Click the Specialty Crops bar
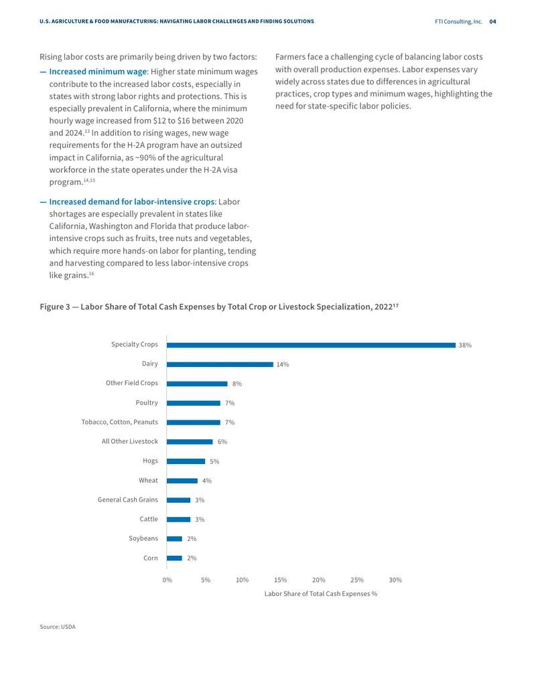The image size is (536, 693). click(x=311, y=345)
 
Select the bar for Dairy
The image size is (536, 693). click(x=220, y=365)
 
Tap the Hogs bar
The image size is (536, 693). click(x=186, y=461)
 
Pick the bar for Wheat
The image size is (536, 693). click(x=182, y=481)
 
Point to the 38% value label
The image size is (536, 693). click(x=465, y=345)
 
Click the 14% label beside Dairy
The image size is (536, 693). click(x=283, y=365)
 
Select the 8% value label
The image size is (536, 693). click(x=237, y=384)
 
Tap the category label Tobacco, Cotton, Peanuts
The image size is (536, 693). click(x=119, y=422)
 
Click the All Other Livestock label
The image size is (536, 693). click(x=129, y=441)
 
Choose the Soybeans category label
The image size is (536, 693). click(x=143, y=538)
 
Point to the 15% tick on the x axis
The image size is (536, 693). click(x=280, y=580)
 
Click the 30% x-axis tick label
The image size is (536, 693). click(x=395, y=580)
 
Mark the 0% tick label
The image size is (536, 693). click(x=167, y=580)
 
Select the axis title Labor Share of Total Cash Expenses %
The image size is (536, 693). click(x=321, y=593)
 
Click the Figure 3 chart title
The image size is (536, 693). click(x=219, y=307)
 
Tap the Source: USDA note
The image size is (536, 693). click(x=58, y=627)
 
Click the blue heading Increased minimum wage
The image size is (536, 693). click(x=98, y=72)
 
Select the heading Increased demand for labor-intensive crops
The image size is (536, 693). click(x=132, y=202)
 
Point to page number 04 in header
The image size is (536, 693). click(x=492, y=21)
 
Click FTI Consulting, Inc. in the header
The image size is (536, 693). click(x=458, y=21)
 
